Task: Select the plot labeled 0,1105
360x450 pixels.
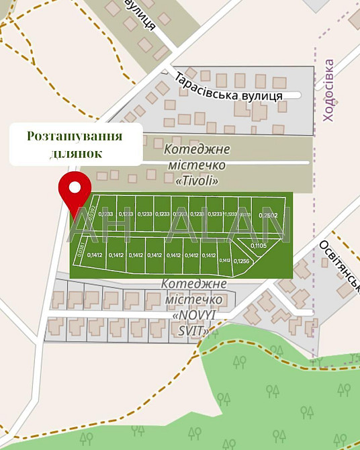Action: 259,246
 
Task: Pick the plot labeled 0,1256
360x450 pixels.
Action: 242,261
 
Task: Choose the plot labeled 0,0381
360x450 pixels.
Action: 81,251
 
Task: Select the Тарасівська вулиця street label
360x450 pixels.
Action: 228,87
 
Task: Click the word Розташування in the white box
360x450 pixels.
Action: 75,136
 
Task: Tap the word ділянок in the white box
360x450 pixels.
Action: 75,153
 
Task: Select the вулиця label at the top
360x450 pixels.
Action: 142,15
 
